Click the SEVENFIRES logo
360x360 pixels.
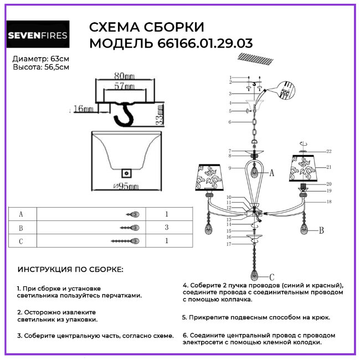[x=38, y=37]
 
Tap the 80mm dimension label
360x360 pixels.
[x=124, y=76]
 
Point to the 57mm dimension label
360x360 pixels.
[x=124, y=87]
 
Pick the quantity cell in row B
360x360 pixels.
[x=166, y=227]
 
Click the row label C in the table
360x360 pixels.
[x=21, y=240]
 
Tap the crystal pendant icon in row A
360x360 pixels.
[x=133, y=214]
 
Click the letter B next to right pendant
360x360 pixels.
[x=321, y=229]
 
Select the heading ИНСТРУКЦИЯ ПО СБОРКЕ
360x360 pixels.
[x=71, y=270]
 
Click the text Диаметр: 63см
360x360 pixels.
[x=41, y=59]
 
